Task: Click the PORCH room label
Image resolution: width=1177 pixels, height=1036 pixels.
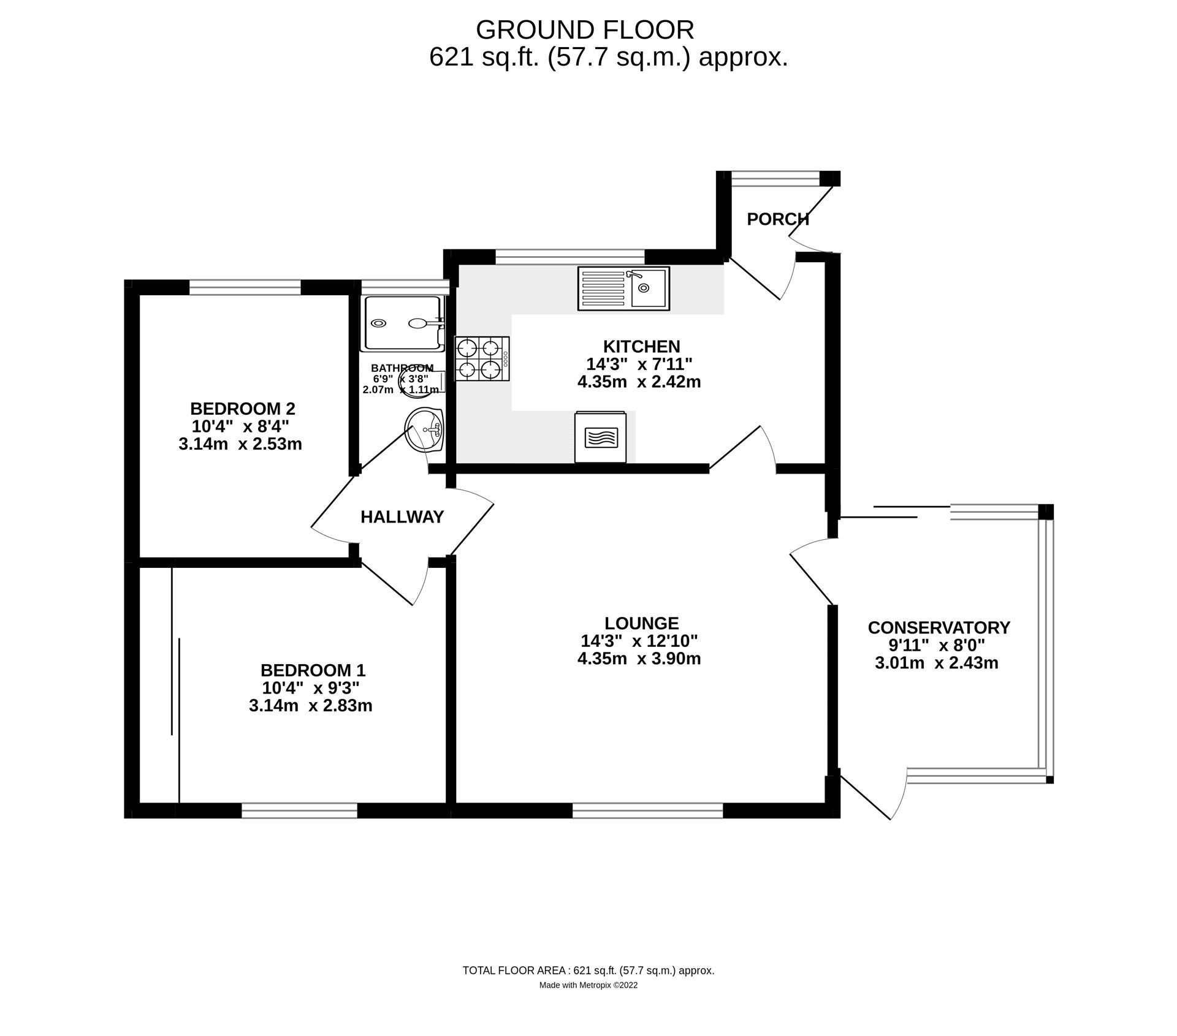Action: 777,219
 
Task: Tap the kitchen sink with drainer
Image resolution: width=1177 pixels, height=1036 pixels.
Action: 623,288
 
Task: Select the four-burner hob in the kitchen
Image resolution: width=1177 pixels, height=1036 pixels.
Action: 482,359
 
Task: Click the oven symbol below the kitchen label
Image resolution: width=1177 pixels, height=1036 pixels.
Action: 600,437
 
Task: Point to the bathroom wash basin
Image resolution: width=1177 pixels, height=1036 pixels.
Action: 424,430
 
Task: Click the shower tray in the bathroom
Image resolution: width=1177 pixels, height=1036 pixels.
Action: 402,323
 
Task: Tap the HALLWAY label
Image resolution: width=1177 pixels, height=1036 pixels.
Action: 402,517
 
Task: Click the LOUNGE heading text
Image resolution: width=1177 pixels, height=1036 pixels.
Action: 641,623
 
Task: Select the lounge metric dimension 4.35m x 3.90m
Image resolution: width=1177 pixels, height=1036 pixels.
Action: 639,659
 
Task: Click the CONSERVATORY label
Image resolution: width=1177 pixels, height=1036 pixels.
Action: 939,627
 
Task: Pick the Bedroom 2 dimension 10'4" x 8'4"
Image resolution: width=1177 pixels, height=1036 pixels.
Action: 240,426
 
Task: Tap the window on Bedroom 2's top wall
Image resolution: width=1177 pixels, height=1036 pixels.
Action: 245,287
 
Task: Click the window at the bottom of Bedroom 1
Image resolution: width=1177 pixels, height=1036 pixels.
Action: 299,811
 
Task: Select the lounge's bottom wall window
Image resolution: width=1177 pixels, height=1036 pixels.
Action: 647,811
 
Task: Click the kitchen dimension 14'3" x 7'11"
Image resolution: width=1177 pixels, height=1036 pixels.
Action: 639,364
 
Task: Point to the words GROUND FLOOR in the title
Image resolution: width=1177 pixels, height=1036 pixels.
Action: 585,29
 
